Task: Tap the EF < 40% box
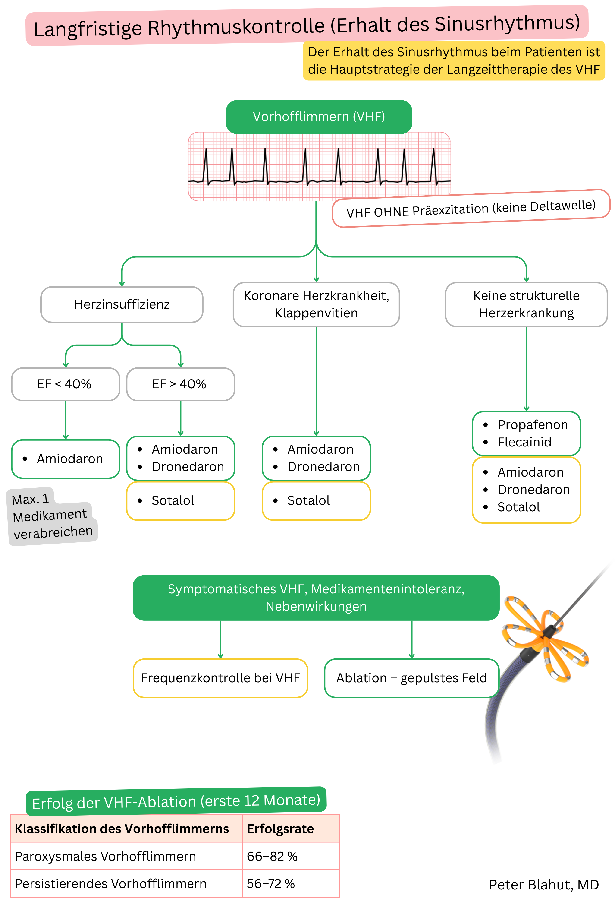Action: [65, 384]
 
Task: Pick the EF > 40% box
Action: [180, 384]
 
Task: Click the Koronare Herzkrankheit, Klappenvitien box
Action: [316, 304]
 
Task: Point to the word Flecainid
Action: [524, 442]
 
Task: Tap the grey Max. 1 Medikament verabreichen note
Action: [51, 516]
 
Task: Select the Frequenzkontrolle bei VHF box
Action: [220, 678]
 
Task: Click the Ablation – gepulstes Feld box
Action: [411, 678]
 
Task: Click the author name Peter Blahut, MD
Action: [543, 885]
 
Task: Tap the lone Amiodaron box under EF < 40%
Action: [65, 459]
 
